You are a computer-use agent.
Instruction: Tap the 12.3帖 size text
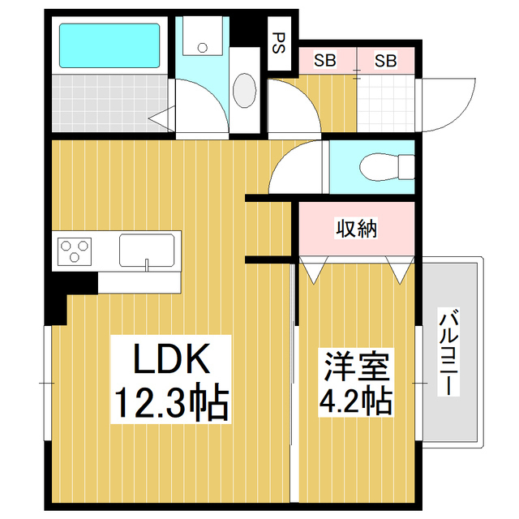[x=169, y=401]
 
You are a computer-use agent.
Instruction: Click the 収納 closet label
[x=357, y=229]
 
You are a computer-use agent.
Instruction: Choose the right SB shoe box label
[x=385, y=60]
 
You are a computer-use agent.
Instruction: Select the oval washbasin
[x=245, y=88]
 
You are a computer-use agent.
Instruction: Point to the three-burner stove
[x=75, y=251]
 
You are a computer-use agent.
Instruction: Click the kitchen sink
[x=147, y=250]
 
